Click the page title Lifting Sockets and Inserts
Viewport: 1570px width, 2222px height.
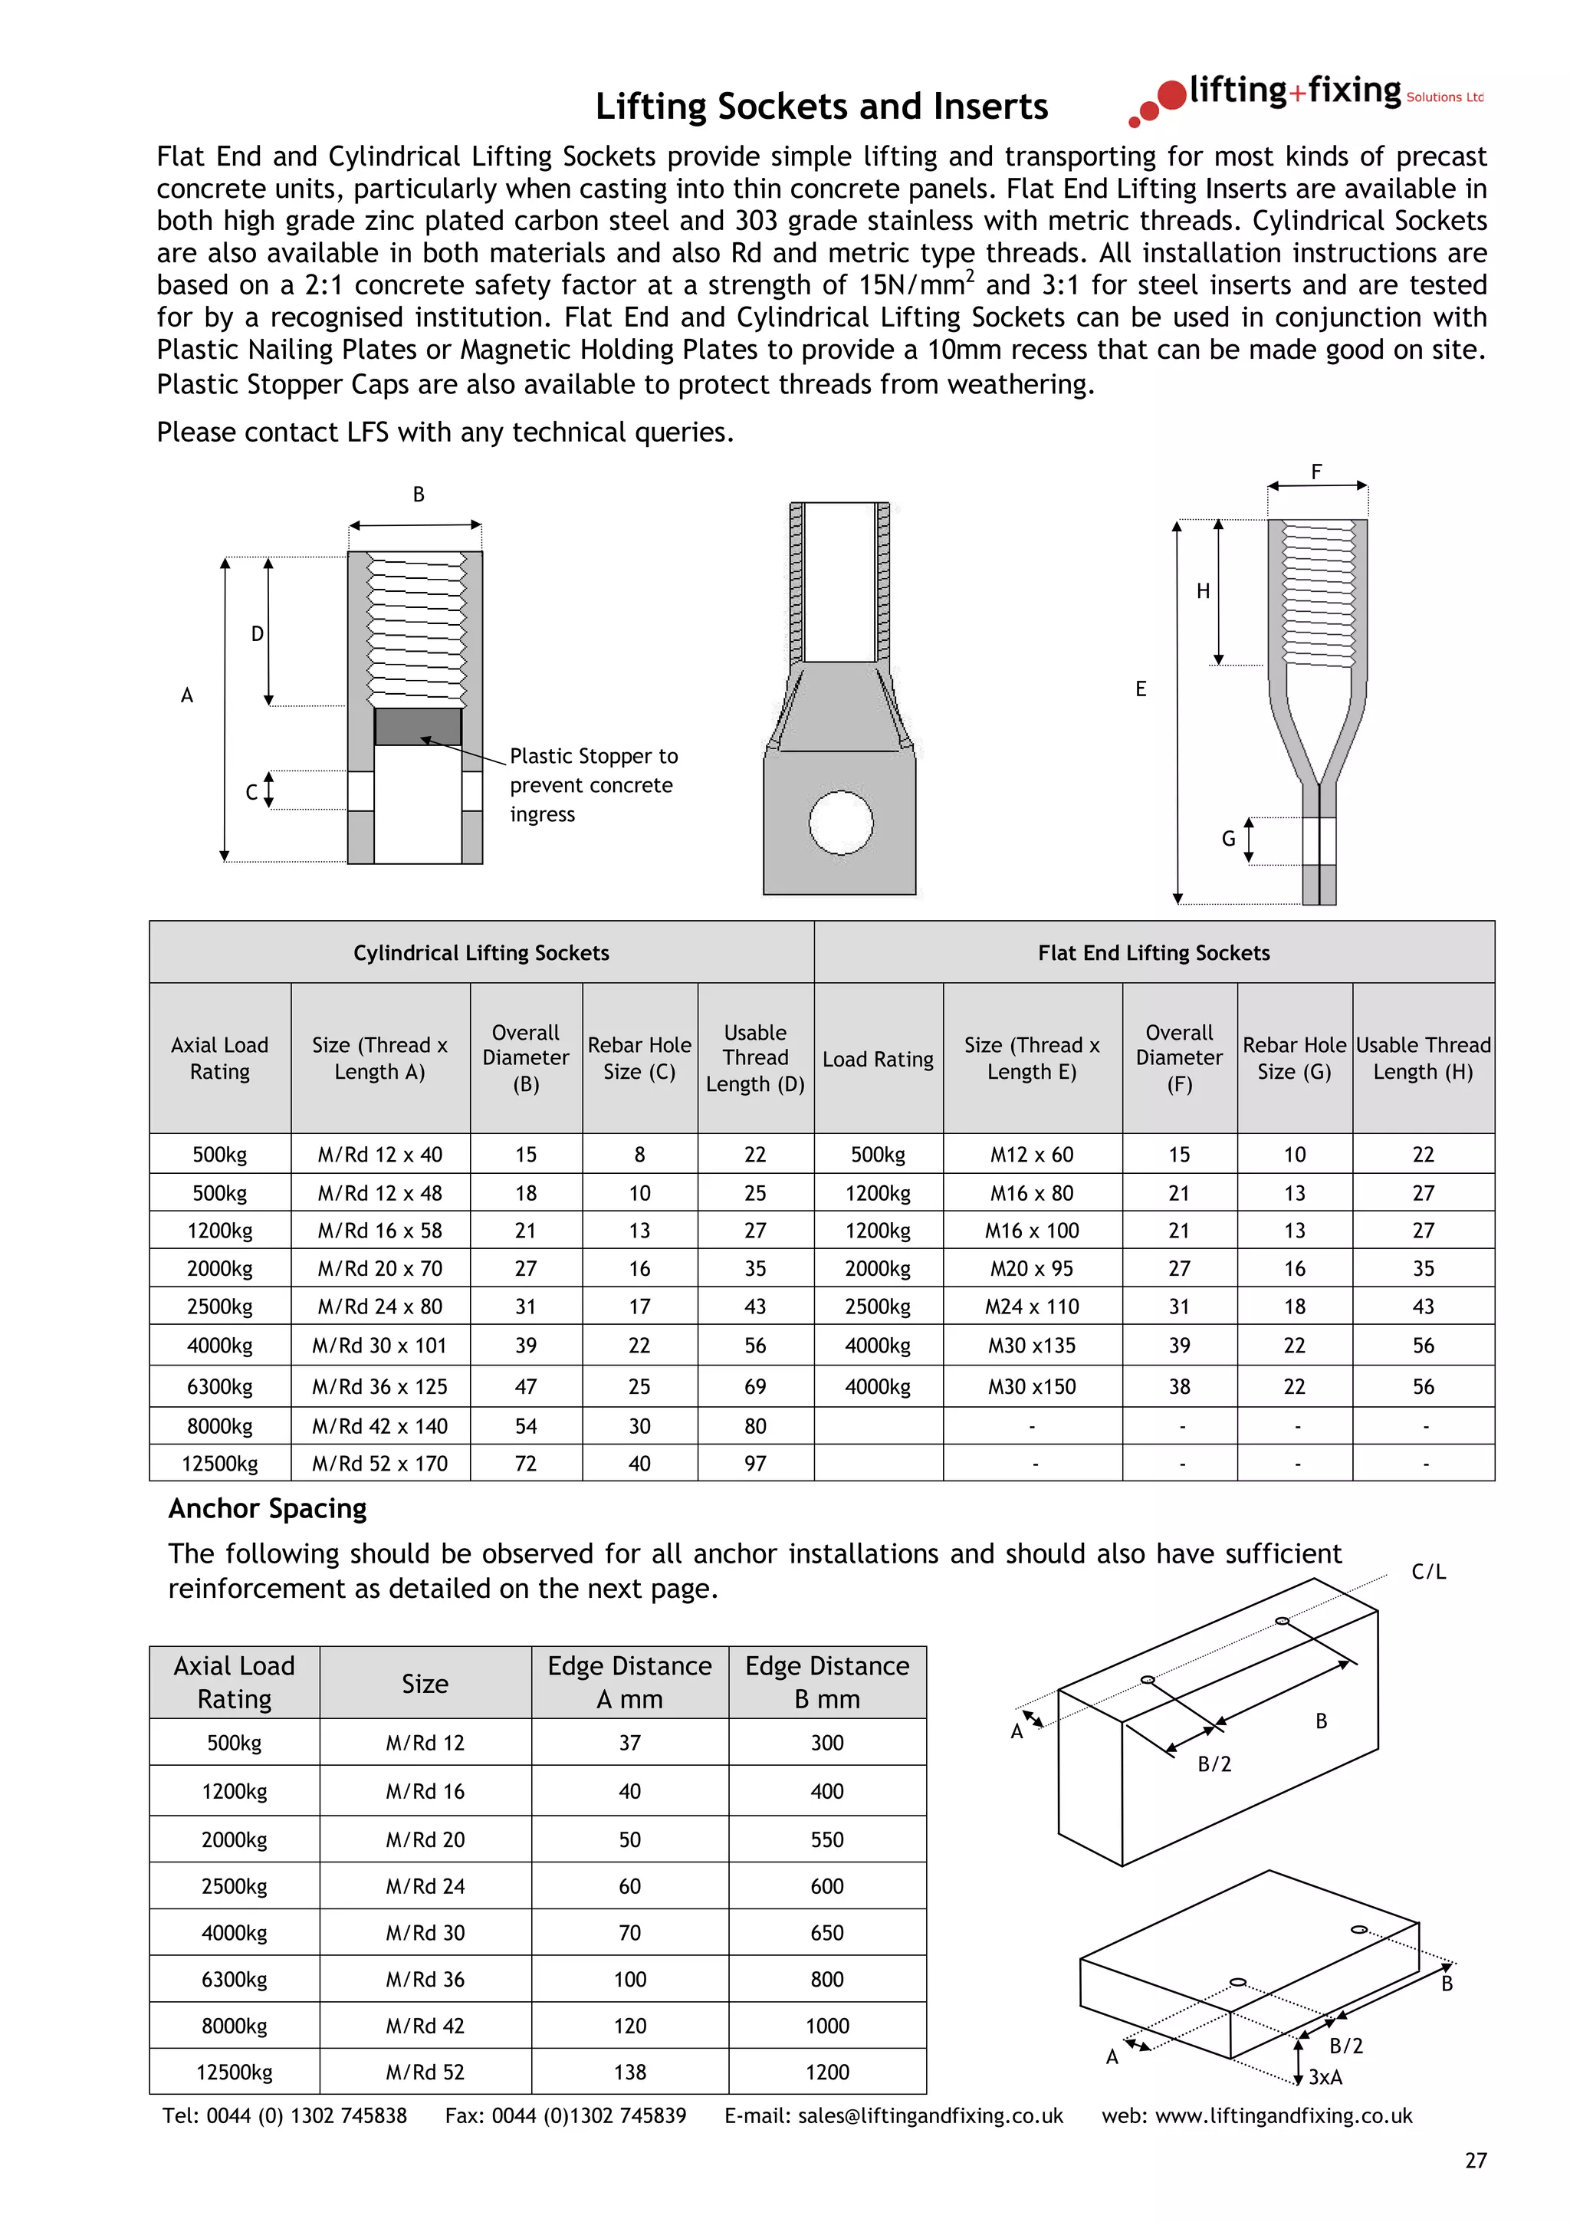(x=820, y=107)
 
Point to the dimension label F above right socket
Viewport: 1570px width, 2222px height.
(x=1315, y=472)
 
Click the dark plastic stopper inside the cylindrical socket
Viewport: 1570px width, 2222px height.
(x=417, y=727)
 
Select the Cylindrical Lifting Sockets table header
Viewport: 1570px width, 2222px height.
(x=481, y=953)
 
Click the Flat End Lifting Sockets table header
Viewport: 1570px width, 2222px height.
(x=1153, y=953)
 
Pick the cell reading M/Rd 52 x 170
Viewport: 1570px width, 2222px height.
(x=379, y=1463)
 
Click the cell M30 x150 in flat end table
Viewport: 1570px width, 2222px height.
(x=1031, y=1387)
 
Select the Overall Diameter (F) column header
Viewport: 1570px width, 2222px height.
(x=1178, y=1058)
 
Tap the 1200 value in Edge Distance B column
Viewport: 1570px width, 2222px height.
(x=826, y=2072)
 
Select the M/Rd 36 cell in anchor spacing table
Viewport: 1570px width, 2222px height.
(x=425, y=1979)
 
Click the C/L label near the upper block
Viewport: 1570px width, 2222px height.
(x=1428, y=1572)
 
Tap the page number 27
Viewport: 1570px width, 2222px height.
(x=1475, y=2160)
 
